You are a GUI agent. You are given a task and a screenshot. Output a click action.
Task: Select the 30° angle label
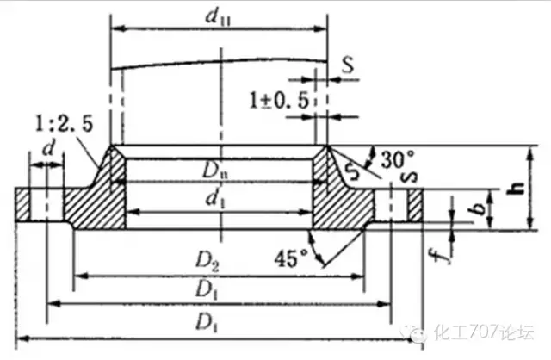pyautogui.click(x=398, y=158)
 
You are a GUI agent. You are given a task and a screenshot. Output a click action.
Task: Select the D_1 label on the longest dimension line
pyautogui.click(x=205, y=323)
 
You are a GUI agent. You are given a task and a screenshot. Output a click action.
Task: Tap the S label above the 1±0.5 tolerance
pyautogui.click(x=346, y=63)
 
